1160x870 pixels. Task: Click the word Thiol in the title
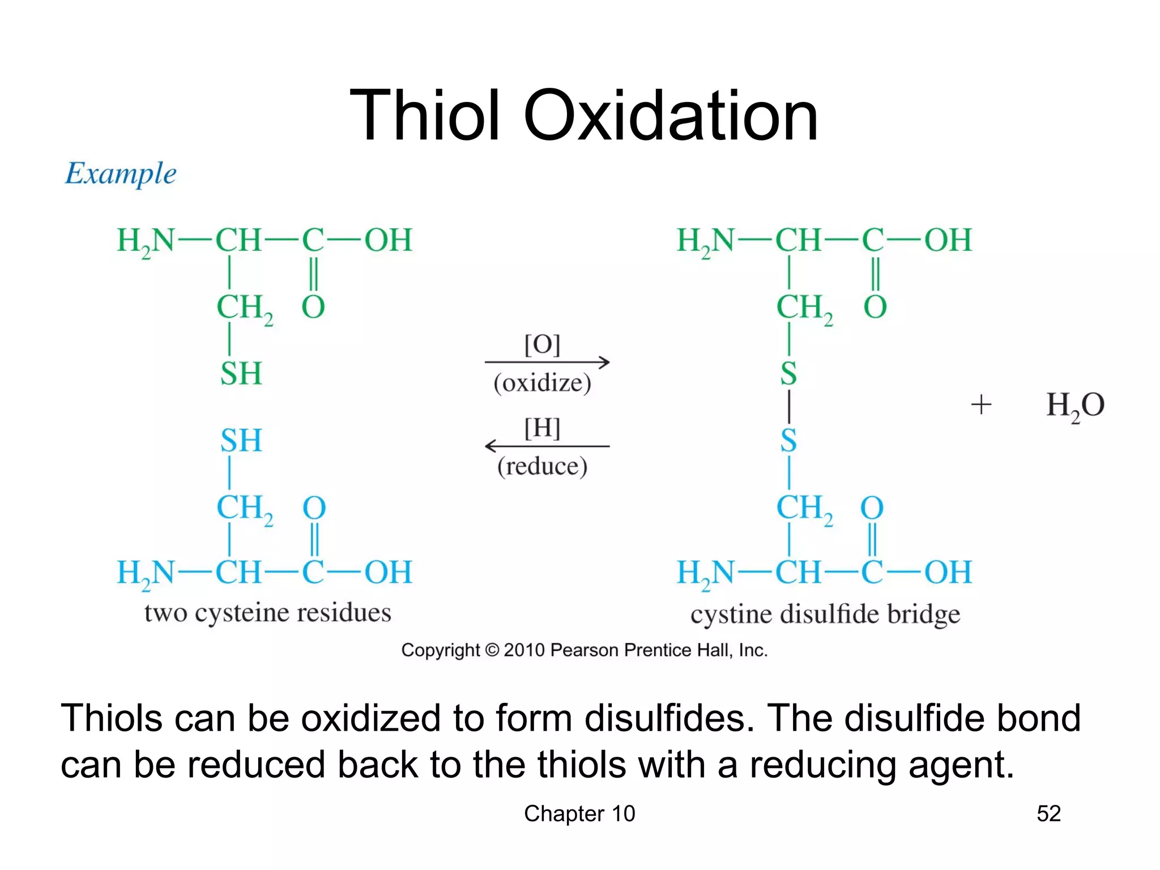click(x=424, y=116)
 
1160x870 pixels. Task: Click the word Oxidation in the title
click(x=671, y=116)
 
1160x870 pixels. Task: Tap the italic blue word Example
click(x=120, y=173)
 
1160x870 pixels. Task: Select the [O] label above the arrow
click(x=542, y=344)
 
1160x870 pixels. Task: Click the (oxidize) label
click(x=542, y=383)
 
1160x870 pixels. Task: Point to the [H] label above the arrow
click(x=542, y=428)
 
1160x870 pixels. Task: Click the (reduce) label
click(x=542, y=467)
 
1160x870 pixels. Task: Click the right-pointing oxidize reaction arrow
click(x=547, y=362)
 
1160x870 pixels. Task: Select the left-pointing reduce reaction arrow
click(x=547, y=446)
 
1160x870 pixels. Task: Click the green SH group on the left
click(x=241, y=374)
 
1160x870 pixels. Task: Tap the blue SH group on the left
click(x=241, y=441)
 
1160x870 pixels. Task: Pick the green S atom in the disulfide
click(x=788, y=374)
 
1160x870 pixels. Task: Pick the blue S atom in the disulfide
click(x=788, y=441)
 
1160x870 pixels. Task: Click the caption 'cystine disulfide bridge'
click(x=825, y=615)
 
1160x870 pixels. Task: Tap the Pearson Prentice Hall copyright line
click(x=584, y=650)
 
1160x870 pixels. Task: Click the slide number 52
click(x=1048, y=814)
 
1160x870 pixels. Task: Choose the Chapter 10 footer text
click(x=579, y=814)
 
